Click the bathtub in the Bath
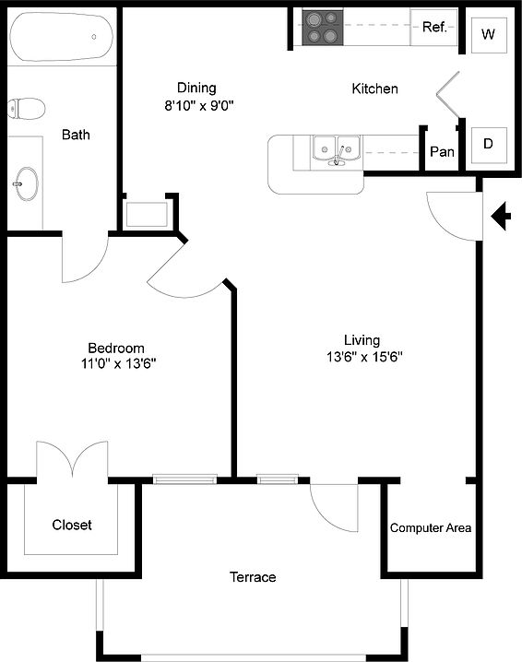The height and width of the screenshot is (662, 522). pos(62,36)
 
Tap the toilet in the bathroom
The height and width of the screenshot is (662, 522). pos(26,109)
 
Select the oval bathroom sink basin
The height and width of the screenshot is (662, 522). pos(26,183)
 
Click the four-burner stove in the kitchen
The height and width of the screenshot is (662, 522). pos(323,28)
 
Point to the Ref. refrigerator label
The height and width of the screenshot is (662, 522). pos(434,28)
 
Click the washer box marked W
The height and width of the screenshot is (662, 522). pos(489,35)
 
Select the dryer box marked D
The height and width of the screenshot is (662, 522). pos(489,145)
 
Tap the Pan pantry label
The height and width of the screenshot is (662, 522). pos(442,151)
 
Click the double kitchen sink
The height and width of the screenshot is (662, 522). pos(337,150)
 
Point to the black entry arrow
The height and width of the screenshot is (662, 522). pos(501,216)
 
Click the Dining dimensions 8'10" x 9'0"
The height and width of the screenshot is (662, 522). pos(199,105)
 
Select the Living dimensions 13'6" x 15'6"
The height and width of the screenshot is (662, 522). pos(364,357)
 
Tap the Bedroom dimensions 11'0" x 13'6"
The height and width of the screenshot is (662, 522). pos(119,363)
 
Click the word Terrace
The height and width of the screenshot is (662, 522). pos(253,577)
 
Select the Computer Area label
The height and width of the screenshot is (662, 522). pos(431,527)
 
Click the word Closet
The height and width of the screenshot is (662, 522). pos(72,525)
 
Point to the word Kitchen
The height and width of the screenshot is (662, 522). pos(374,89)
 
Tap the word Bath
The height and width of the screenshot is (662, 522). pos(76,135)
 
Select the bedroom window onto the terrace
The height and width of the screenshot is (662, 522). pos(184,479)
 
